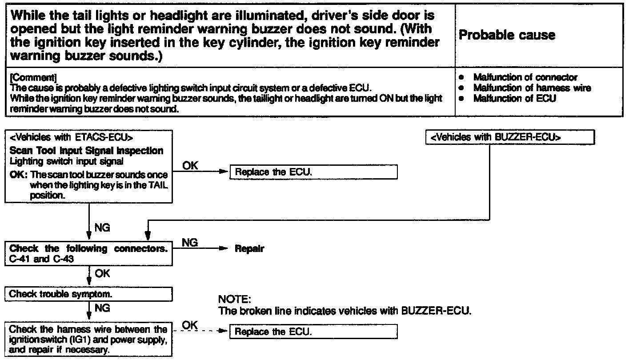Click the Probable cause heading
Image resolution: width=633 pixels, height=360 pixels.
click(506, 36)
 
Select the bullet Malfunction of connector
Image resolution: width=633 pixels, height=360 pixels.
click(525, 77)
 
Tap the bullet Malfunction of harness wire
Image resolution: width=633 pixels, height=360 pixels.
click(532, 88)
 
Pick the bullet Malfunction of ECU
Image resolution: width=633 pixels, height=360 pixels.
click(514, 99)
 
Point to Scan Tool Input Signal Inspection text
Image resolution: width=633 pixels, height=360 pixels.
click(86, 151)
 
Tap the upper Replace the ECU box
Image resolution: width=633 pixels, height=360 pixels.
click(313, 172)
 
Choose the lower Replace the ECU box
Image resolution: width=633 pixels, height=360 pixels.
click(313, 332)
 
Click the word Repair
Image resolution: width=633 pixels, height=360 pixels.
click(249, 249)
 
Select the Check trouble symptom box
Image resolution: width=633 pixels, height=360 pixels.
click(88, 294)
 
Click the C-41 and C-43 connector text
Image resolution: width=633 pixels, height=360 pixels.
click(41, 259)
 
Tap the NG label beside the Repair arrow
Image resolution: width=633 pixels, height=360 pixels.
click(190, 243)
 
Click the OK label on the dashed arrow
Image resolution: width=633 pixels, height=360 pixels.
click(190, 325)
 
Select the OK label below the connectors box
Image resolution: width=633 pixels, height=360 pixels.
click(103, 273)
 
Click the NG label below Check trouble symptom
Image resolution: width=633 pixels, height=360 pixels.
click(103, 308)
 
